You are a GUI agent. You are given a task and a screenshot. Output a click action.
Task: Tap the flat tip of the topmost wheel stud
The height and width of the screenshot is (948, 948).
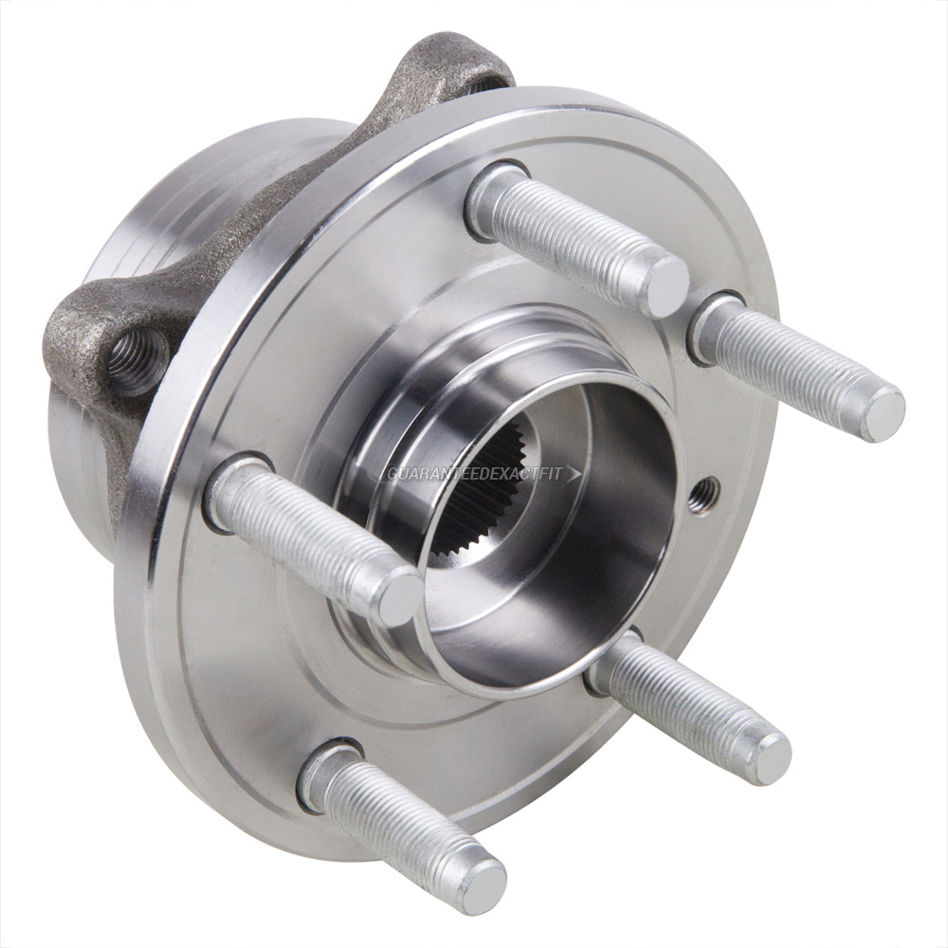tap(662, 284)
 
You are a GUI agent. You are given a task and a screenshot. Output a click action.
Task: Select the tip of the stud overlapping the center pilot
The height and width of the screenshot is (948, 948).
tap(396, 597)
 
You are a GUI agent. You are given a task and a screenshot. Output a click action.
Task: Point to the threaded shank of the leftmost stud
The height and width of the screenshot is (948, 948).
tap(303, 536)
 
